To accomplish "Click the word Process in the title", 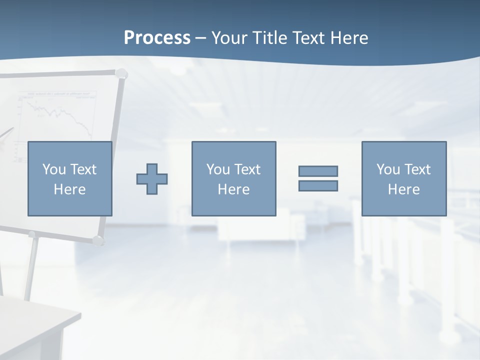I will tap(157, 37).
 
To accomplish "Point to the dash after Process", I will tap(201, 38).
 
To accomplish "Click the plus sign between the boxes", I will tap(152, 179).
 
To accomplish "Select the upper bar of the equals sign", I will tap(318, 171).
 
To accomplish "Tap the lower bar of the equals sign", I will tap(318, 185).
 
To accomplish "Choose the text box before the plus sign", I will tap(69, 178).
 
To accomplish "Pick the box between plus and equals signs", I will tap(233, 178).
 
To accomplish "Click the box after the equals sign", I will tap(403, 178).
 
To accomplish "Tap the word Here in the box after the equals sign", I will tap(403, 189).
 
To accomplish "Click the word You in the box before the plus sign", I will tap(54, 169).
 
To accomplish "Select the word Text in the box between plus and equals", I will tap(247, 169).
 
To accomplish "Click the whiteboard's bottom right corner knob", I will tap(98, 240).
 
